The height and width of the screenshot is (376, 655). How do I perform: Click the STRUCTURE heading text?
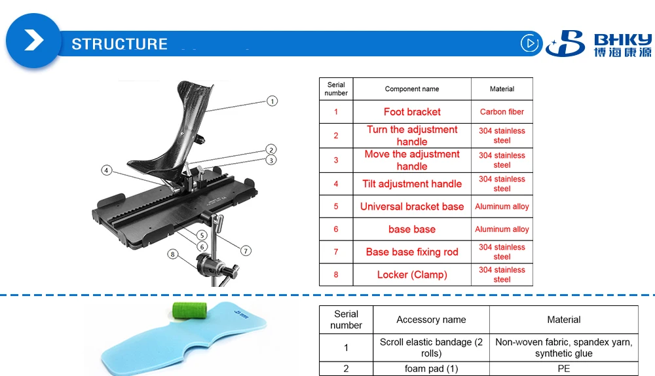[x=119, y=45]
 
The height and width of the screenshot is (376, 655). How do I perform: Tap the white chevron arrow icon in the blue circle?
[x=33, y=41]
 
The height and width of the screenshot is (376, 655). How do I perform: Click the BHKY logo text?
[x=622, y=38]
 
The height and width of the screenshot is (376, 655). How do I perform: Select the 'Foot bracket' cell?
[x=412, y=112]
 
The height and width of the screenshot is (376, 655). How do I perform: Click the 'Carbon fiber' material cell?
[x=502, y=112]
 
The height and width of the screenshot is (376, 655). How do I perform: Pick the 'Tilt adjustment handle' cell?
[x=412, y=184]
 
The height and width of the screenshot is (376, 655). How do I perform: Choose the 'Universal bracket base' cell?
[x=412, y=206]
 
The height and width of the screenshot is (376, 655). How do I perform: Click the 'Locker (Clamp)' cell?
[x=412, y=274]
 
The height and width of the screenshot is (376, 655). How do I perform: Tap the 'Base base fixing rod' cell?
[x=412, y=252]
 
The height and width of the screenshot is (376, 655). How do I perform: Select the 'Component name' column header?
[x=412, y=89]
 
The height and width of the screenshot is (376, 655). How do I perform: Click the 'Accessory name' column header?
[x=431, y=320]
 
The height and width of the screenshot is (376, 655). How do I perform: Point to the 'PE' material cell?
[x=563, y=369]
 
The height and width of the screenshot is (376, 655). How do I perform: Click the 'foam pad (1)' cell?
[x=431, y=369]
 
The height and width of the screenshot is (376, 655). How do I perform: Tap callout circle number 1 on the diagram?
[x=272, y=101]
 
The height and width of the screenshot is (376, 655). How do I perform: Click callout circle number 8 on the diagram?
[x=173, y=254]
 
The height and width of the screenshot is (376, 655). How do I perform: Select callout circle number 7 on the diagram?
[x=246, y=250]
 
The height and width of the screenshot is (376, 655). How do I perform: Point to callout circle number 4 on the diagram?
[x=107, y=170]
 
